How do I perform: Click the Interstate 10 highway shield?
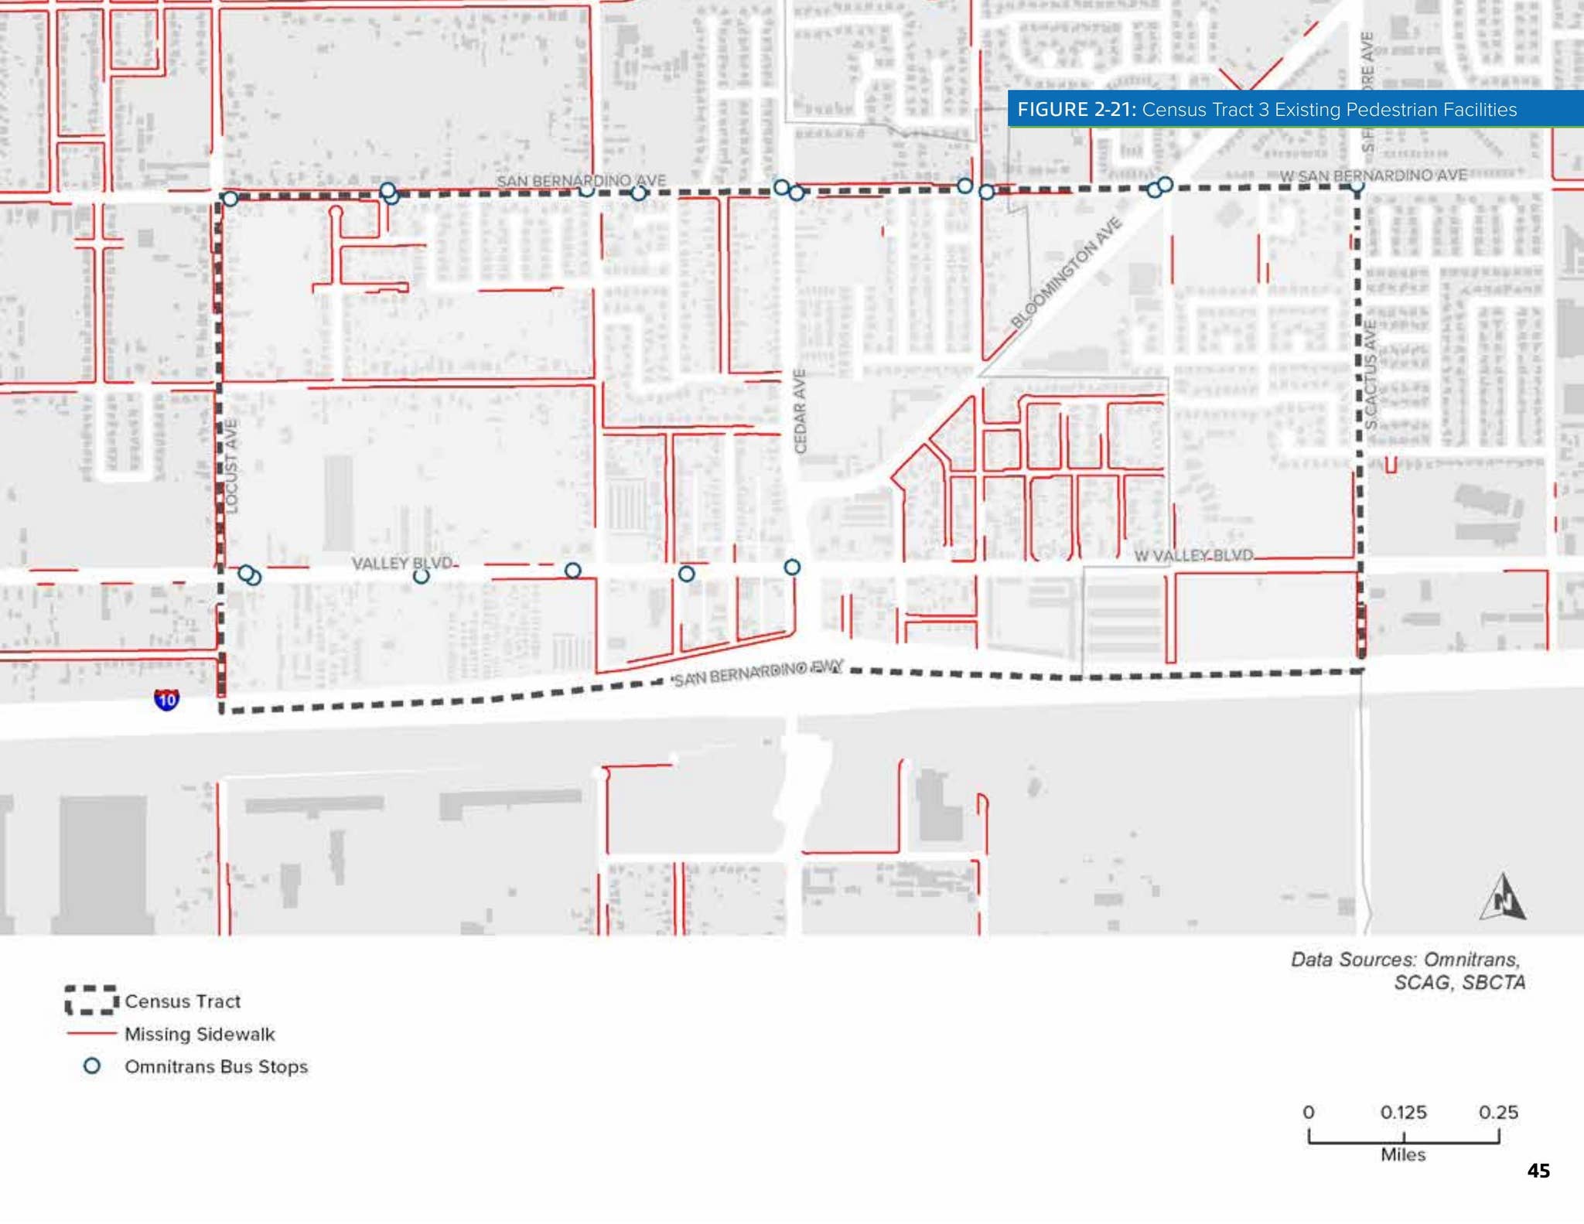click(166, 699)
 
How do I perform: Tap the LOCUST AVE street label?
click(231, 465)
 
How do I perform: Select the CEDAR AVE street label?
click(801, 411)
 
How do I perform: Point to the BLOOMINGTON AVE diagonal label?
click(1067, 273)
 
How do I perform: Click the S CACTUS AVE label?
click(1370, 375)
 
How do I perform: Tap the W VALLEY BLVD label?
click(1193, 555)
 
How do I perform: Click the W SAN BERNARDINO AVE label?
click(1373, 176)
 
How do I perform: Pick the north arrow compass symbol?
click(1503, 898)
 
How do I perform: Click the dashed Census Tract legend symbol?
click(90, 1000)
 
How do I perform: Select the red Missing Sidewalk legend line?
click(91, 1033)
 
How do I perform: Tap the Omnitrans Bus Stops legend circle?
click(92, 1065)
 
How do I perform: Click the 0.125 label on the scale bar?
click(1403, 1112)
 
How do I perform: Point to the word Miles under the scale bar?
click(1403, 1154)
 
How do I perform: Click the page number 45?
click(1538, 1171)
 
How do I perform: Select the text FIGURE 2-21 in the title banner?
click(1076, 109)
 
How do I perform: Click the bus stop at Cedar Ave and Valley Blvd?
click(792, 568)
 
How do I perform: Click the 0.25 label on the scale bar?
click(1498, 1112)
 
